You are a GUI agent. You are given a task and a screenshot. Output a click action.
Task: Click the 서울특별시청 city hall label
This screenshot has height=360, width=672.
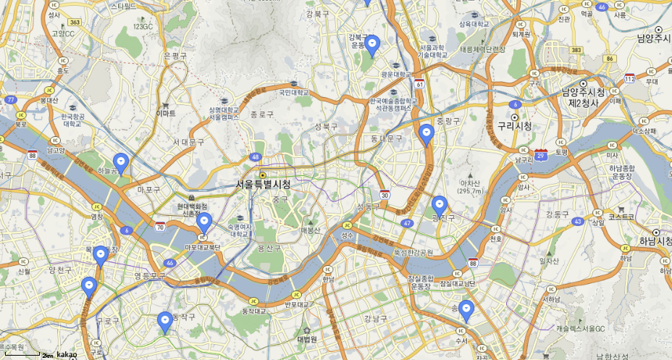(263, 185)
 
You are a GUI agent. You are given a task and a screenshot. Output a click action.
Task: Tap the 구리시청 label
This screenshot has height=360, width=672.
(514, 126)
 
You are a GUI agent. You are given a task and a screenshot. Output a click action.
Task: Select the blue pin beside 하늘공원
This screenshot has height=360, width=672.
(122, 163)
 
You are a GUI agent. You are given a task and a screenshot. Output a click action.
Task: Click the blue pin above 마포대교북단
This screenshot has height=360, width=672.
(204, 222)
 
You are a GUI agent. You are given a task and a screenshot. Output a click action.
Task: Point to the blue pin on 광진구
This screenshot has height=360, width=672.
(439, 205)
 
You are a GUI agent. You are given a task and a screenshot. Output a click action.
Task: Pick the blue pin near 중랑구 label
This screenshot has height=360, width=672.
(427, 134)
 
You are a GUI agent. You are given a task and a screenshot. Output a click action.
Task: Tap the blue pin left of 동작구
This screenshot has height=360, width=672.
(165, 320)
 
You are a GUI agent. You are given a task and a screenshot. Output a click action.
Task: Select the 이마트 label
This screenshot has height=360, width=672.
(166, 114)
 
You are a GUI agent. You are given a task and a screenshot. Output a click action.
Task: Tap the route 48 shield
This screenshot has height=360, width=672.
(256, 156)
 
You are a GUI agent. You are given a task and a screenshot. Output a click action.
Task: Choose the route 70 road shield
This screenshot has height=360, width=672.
(159, 227)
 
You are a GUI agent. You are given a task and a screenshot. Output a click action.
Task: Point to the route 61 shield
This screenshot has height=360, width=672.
(419, 85)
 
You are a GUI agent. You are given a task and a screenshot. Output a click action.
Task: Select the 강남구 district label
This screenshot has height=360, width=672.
(375, 318)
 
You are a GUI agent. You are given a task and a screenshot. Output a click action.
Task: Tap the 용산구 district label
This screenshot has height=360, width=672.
(268, 248)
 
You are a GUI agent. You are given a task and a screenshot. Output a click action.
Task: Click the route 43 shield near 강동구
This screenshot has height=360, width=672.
(577, 221)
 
